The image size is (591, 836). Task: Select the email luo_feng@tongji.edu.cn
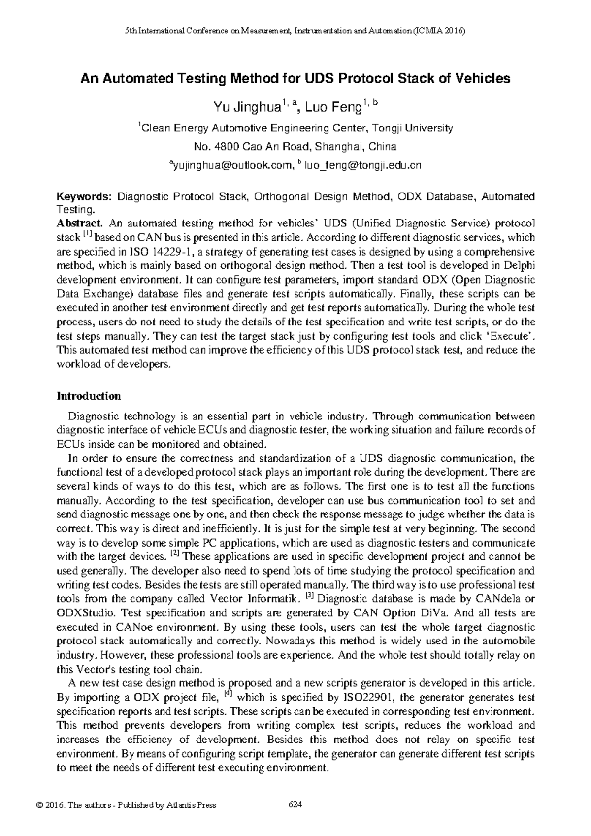[x=363, y=166]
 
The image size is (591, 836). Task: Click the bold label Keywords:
[x=85, y=197]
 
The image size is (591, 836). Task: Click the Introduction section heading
[x=89, y=396]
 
